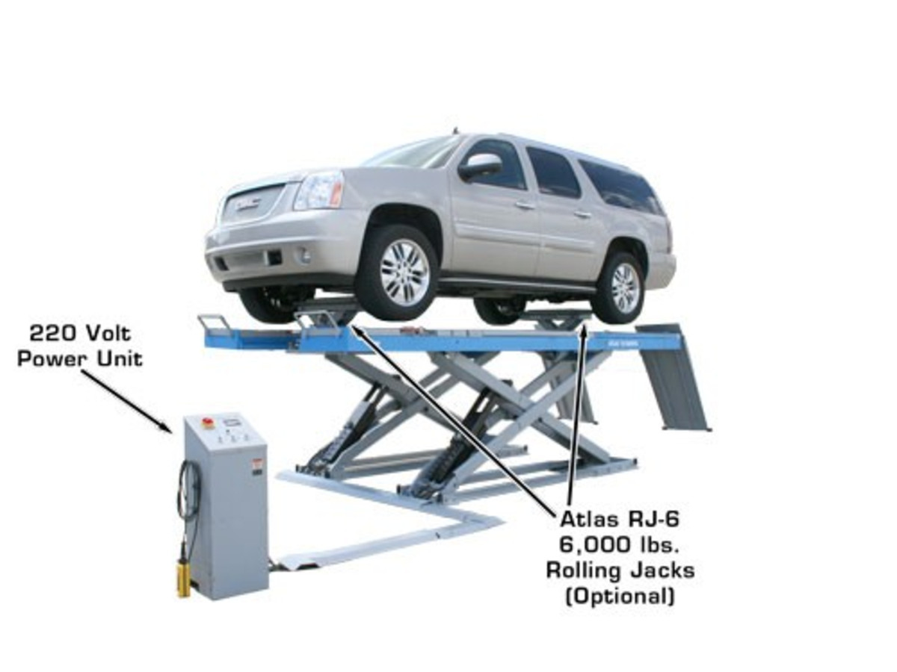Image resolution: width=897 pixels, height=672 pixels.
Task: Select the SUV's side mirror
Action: (480, 166)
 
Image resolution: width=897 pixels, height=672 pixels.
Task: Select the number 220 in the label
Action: (52, 332)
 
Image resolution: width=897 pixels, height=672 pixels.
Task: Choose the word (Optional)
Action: (620, 596)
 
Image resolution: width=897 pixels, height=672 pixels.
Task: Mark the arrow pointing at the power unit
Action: (127, 400)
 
